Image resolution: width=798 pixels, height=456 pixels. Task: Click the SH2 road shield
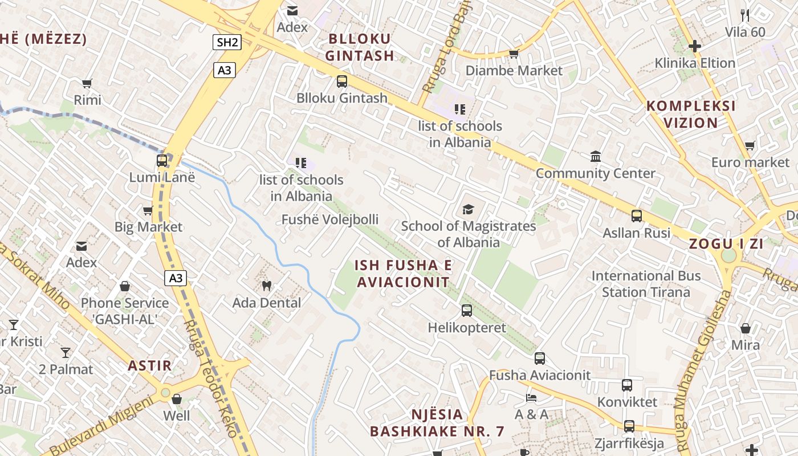coord(227,42)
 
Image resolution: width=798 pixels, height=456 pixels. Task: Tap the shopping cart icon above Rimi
coord(87,84)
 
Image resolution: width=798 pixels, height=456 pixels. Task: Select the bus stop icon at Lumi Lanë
coord(162,161)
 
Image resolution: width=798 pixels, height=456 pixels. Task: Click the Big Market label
coord(148,227)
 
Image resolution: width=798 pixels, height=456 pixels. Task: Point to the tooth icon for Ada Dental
coord(266,286)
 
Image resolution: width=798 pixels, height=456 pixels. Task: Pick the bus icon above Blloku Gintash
coord(341,81)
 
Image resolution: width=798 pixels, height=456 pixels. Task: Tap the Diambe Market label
coord(514,71)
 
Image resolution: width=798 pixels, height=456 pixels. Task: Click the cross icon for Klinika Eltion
coord(694,46)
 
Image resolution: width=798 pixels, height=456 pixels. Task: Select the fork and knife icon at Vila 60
coord(744,15)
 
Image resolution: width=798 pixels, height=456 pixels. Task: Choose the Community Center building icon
coord(596,156)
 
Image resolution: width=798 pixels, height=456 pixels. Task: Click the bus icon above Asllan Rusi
coord(636,216)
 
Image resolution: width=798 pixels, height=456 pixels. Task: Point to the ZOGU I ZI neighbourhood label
coord(726,244)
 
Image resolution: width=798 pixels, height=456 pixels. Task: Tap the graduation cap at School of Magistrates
coord(468,209)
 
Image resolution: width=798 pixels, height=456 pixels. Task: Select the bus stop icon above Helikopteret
coord(466,311)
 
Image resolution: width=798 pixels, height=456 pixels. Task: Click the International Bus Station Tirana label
coord(646,284)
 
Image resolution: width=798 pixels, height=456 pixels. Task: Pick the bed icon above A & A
coord(531,397)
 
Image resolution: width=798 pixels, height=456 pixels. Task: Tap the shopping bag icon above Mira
coord(745,328)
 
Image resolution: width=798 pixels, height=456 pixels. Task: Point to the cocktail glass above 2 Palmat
coord(66,352)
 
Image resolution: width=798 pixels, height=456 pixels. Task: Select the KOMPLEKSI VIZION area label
coord(691,114)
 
